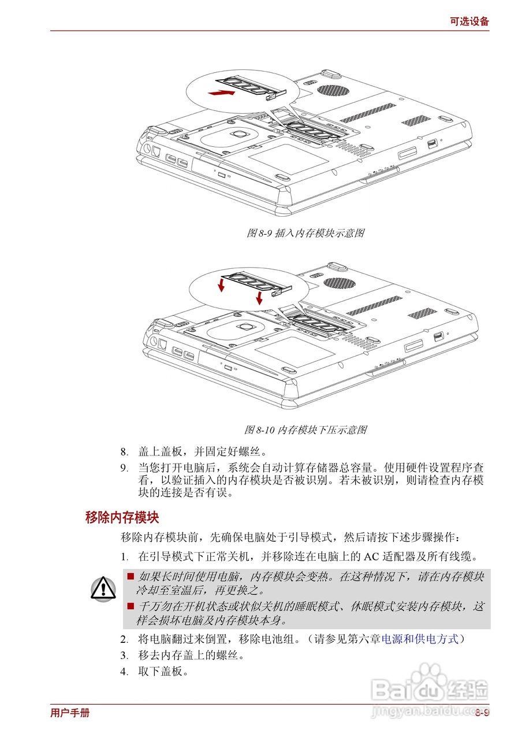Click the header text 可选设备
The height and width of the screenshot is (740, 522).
click(x=469, y=21)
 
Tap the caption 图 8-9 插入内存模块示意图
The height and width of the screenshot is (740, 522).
click(x=305, y=233)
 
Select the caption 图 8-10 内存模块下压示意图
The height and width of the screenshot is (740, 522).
click(x=305, y=430)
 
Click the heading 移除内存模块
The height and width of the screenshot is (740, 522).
click(x=122, y=517)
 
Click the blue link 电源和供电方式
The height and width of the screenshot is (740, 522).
click(x=420, y=639)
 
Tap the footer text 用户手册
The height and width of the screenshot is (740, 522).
click(x=70, y=713)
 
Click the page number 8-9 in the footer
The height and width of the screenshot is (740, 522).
click(x=482, y=713)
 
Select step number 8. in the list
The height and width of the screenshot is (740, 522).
click(x=124, y=452)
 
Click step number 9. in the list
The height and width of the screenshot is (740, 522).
click(x=124, y=468)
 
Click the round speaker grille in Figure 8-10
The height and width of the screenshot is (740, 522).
click(x=339, y=283)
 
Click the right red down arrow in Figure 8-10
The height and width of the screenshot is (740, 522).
click(x=259, y=297)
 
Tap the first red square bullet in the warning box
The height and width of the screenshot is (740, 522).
click(x=130, y=576)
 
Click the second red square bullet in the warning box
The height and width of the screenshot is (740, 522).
click(x=130, y=606)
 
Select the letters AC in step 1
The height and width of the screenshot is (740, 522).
click(x=370, y=557)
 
